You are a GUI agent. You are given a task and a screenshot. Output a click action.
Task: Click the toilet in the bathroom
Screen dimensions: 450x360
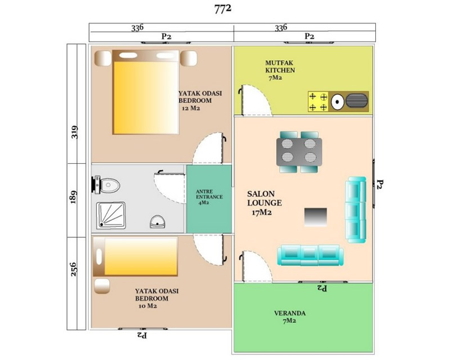pos(106,184)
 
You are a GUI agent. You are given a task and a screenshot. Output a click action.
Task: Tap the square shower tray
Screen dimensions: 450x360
pos(111,215)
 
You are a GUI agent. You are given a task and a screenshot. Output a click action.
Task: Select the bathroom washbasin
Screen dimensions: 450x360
pos(157,222)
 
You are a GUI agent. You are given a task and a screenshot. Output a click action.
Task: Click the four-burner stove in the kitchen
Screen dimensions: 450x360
pos(318,102)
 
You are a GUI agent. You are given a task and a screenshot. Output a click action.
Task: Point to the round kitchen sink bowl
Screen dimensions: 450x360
pos(337,102)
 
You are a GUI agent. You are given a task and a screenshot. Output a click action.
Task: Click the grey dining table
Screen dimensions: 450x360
pos(299,152)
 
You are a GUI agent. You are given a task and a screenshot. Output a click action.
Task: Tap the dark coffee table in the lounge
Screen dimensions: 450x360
pos(316,217)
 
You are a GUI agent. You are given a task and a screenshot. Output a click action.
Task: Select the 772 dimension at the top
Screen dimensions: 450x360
pos(223,9)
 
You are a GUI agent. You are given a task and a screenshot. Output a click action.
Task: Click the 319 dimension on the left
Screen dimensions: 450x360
pos(74,132)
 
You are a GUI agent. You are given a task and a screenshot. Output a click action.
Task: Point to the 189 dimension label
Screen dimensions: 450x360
pos(74,197)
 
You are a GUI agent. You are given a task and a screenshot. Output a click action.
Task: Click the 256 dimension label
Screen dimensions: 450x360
pos(74,269)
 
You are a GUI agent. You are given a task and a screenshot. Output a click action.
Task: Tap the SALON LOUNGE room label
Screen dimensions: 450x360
pos(264,199)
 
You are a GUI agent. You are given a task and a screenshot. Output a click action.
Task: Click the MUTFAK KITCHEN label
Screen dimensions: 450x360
pos(280,66)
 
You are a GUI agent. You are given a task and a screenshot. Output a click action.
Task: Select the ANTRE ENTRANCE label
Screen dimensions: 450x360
pos(209,195)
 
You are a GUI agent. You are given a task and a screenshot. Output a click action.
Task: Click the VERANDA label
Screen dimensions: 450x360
pos(290,313)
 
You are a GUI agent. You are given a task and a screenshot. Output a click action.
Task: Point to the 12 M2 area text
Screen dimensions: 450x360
pos(191,108)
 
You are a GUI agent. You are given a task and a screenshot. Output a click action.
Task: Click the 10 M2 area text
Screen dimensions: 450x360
pos(148,306)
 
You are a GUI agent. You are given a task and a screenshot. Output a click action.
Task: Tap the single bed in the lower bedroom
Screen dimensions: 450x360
pos(135,256)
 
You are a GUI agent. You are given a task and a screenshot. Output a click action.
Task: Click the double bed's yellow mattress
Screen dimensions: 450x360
pos(146,98)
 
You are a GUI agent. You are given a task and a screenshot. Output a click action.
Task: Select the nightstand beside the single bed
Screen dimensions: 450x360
pos(102,286)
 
